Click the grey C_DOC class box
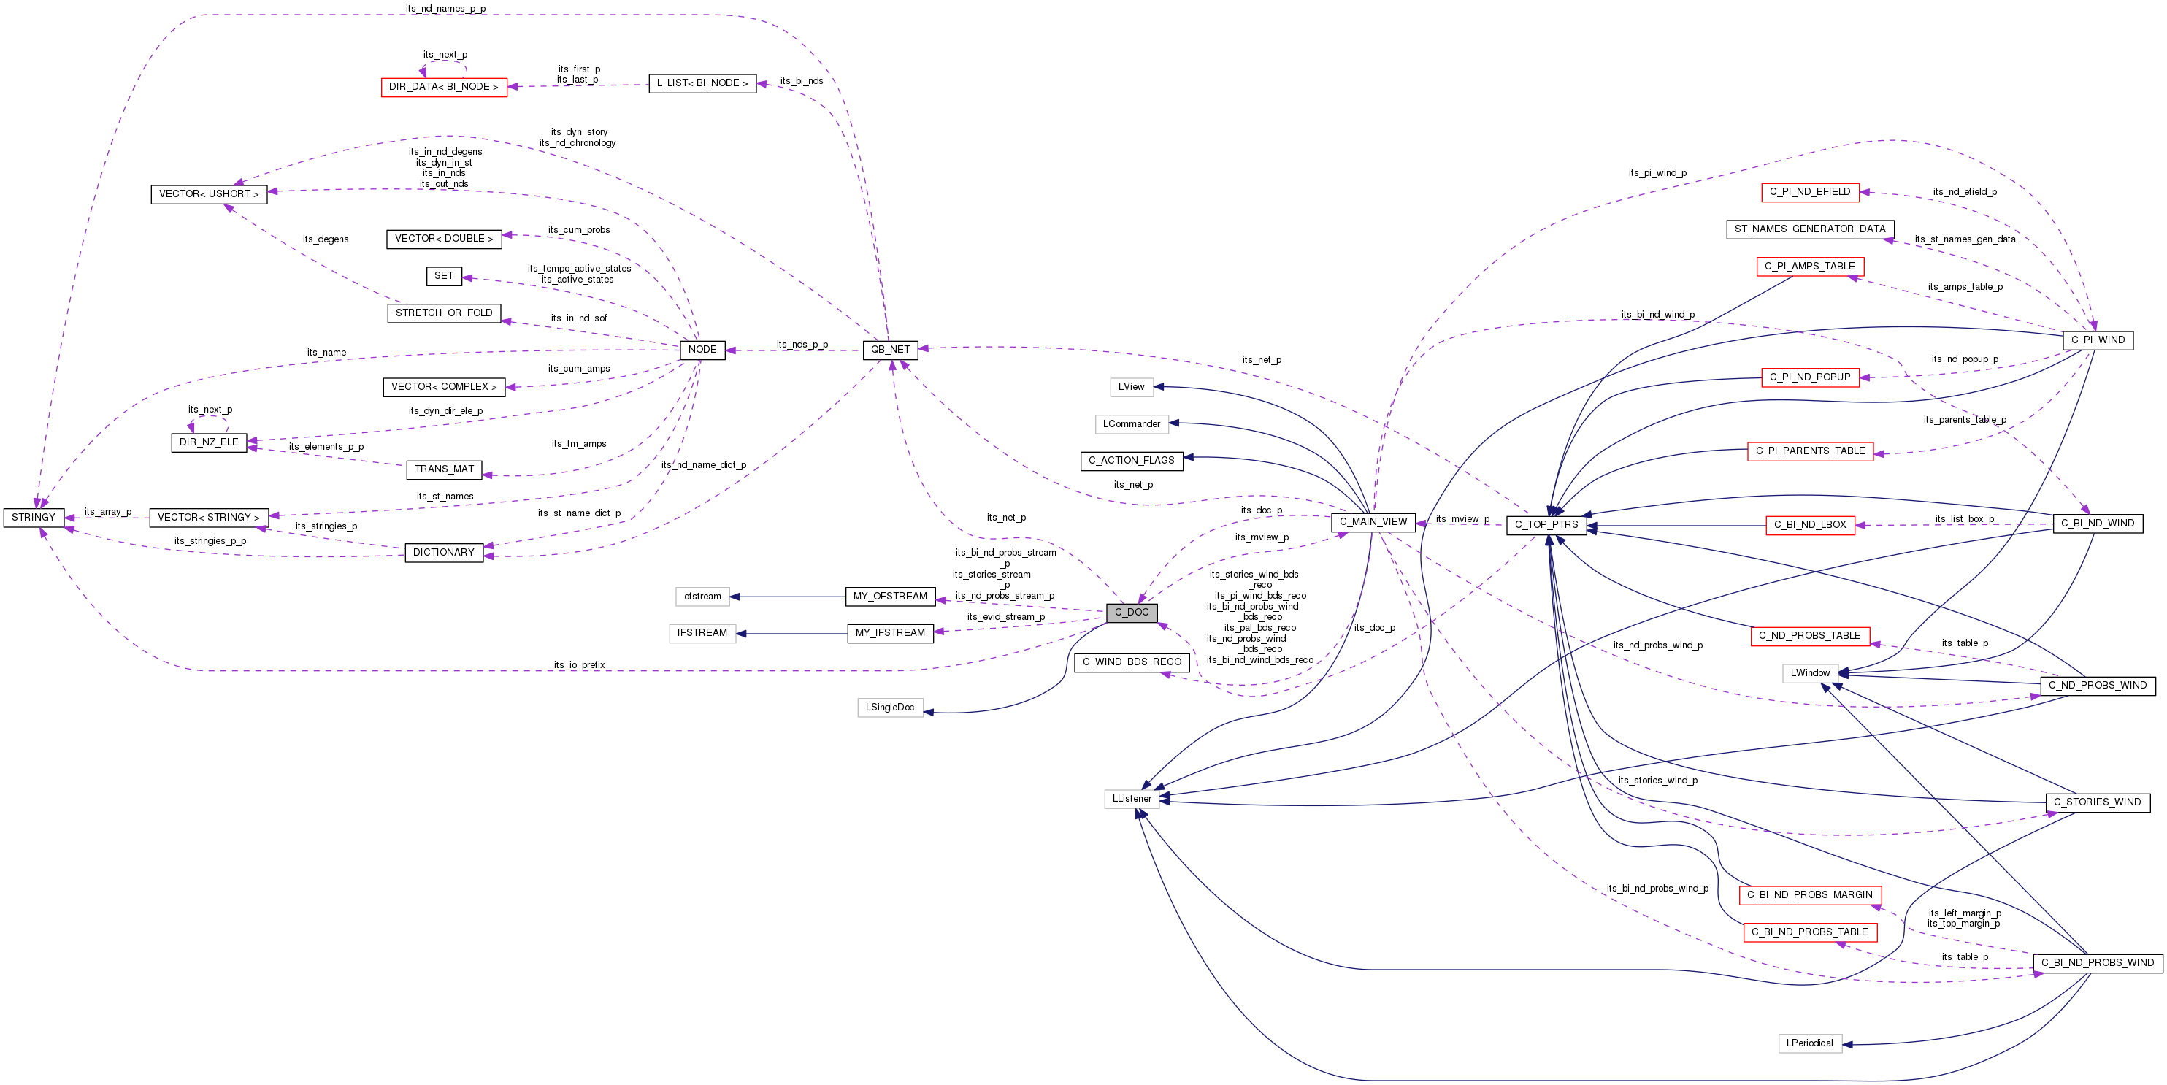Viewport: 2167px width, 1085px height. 1132,613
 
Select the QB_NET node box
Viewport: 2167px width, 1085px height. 890,349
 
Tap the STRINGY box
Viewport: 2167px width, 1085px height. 34,517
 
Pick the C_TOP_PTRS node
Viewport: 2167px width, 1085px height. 1546,525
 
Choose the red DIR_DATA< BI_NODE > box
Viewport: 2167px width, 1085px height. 443,87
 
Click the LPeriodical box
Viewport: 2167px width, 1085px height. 1809,1043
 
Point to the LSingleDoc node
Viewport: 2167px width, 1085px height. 889,708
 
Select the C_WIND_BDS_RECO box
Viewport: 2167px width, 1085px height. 1132,662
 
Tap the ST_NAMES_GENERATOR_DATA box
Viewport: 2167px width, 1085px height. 1809,229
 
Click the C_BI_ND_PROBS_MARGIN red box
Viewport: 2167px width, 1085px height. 1809,895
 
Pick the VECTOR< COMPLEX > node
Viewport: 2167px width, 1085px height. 443,387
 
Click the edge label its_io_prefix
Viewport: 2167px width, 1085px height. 579,664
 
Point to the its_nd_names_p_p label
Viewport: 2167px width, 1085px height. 445,9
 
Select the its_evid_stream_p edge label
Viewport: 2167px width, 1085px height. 1005,616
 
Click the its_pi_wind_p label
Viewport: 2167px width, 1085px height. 1657,172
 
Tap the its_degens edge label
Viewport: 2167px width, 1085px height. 325,239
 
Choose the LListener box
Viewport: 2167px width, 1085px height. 1132,798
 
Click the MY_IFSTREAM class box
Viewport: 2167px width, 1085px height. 889,632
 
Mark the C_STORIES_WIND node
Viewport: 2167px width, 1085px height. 2097,802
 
